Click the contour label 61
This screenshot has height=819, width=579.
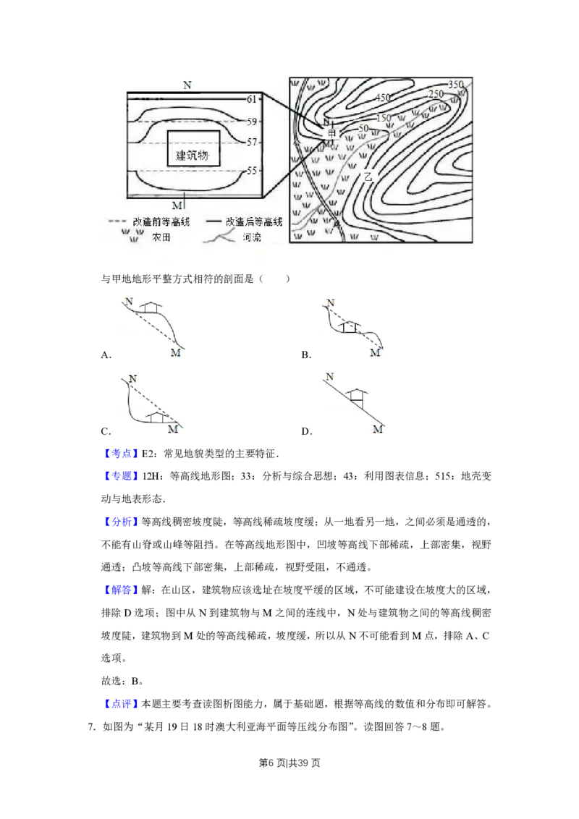(x=252, y=98)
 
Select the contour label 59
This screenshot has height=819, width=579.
(x=252, y=122)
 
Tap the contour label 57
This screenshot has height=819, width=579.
(x=252, y=143)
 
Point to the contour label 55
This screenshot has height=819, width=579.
(x=252, y=171)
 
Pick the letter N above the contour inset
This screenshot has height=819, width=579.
(x=187, y=85)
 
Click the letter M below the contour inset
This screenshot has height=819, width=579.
(x=177, y=205)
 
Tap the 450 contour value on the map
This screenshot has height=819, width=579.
(x=383, y=98)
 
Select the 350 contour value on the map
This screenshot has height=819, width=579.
(x=455, y=85)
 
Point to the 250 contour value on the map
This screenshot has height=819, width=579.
(x=436, y=94)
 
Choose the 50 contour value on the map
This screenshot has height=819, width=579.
(x=363, y=128)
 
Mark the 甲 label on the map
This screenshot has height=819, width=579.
(x=332, y=134)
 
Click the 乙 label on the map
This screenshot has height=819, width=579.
(x=368, y=176)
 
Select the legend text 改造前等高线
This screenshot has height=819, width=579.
(x=160, y=221)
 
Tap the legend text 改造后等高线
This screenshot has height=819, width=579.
(x=253, y=221)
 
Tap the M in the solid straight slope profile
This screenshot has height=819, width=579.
(x=376, y=430)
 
